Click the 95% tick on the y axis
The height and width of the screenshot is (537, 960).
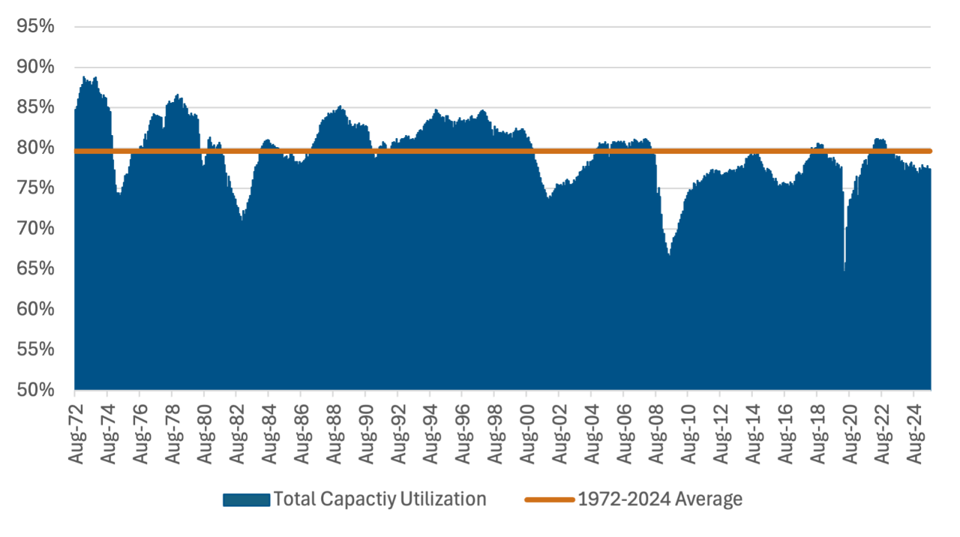(x=34, y=26)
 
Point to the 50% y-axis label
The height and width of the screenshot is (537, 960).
(x=34, y=390)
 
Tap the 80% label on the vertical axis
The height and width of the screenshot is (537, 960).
(x=34, y=148)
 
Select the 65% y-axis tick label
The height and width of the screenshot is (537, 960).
(x=34, y=268)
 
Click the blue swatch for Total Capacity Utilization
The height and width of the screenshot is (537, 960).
(x=246, y=499)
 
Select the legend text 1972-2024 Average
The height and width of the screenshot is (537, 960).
(x=660, y=499)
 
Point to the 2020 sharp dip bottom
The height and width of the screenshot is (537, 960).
(x=844, y=270)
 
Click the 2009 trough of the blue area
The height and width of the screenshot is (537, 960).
(x=669, y=255)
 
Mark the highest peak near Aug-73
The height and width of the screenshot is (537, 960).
(x=83, y=76)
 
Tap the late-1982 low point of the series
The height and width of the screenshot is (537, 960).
(x=241, y=220)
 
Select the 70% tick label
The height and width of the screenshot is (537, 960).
(x=34, y=228)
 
